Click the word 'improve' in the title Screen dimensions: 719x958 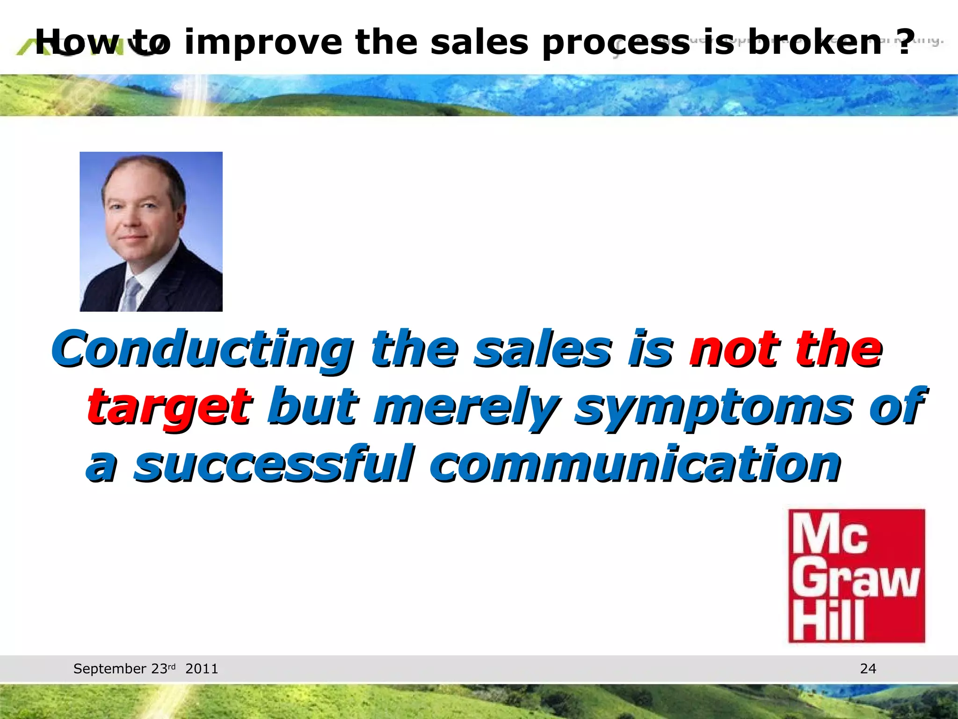click(263, 43)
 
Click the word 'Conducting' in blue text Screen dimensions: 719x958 click(202, 350)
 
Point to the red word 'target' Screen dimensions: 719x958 click(169, 406)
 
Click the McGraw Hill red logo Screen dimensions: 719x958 click(856, 576)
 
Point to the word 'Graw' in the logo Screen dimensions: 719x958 click(855, 580)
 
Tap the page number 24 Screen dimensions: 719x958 click(868, 668)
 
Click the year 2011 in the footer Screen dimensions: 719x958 click(202, 668)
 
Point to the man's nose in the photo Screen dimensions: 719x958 click(131, 220)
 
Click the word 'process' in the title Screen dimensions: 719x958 click(615, 43)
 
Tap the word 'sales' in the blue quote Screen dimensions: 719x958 click(543, 350)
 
